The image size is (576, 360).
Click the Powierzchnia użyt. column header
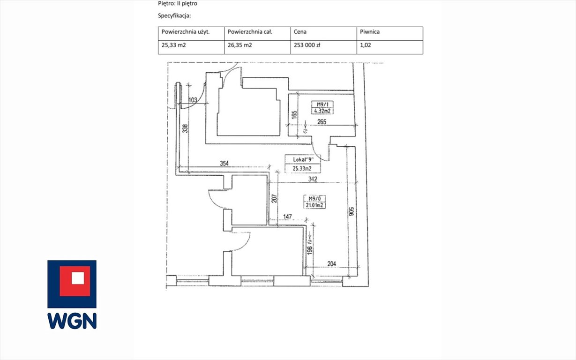pos(185,32)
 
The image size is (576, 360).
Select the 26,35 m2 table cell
pos(239,45)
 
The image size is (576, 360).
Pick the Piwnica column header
pos(370,32)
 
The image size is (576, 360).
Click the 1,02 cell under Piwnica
pos(366,45)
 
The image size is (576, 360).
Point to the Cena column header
pos(300,32)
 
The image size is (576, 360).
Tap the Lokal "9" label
pos(302,159)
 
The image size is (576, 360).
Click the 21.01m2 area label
pos(314,205)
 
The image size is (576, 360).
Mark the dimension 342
pos(313,179)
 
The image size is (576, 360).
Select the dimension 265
pos(321,122)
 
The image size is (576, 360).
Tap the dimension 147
pos(287,217)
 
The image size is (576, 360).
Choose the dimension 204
pos(332,264)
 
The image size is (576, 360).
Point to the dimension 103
pos(192,100)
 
